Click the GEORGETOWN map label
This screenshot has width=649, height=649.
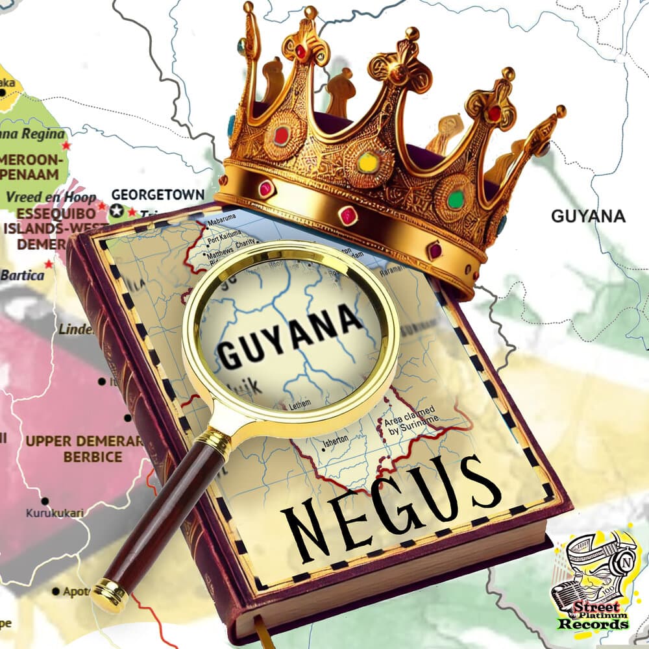tap(158, 195)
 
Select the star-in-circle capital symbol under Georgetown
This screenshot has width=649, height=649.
tap(117, 210)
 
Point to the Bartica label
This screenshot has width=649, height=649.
tap(23, 275)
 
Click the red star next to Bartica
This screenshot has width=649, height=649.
tap(49, 265)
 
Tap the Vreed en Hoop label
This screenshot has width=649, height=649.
tap(51, 197)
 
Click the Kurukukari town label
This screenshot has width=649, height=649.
tap(55, 513)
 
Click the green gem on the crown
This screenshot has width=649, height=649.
tap(456, 199)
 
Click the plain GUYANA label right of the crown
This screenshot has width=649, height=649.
tap(588, 216)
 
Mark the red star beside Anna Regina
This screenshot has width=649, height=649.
tap(66, 146)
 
